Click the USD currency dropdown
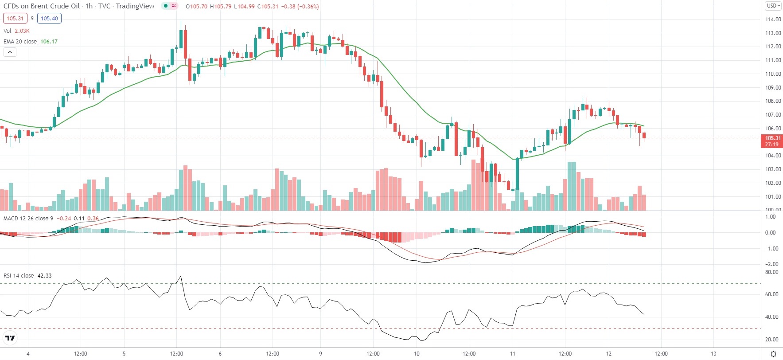[773, 6]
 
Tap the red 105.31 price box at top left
[15, 19]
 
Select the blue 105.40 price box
[49, 19]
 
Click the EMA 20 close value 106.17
[49, 42]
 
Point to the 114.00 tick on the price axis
[773, 20]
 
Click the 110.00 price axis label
[773, 74]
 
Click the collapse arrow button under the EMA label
[10, 52]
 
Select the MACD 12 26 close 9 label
[28, 219]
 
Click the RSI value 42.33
[44, 276]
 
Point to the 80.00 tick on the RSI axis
[771, 272]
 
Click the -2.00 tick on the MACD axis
[771, 264]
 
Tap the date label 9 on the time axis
[320, 354]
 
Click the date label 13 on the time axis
[713, 354]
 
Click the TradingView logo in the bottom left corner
[10, 338]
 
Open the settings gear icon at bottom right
[773, 354]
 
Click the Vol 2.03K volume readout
[16, 31]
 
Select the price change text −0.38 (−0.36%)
[301, 7]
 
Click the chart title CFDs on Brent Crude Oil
[42, 6]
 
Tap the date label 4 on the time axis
[28, 354]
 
